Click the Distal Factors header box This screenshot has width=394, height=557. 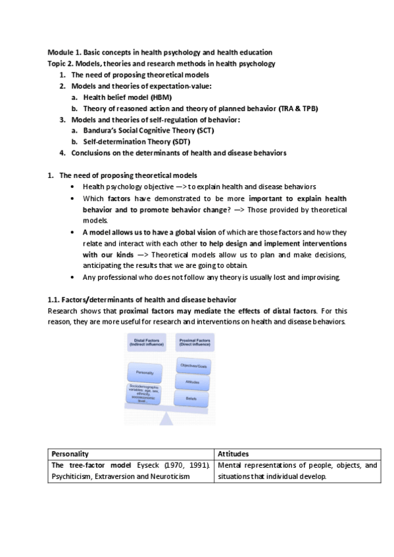click(145, 343)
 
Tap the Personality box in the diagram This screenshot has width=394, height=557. click(145, 373)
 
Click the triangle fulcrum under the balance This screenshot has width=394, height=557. click(169, 418)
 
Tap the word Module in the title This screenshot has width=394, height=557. click(61, 52)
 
